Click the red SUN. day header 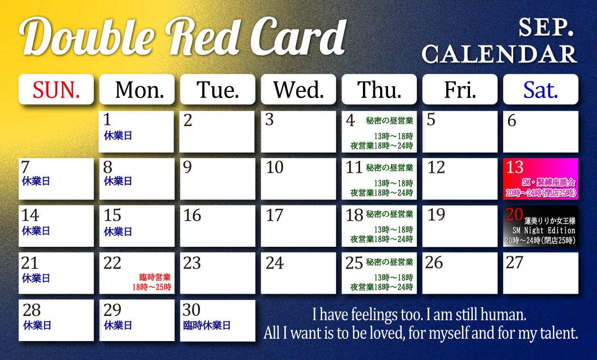(56, 90)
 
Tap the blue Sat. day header (541, 90)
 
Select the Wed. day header (298, 90)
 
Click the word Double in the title (87, 36)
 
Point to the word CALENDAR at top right (499, 54)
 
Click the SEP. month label (546, 27)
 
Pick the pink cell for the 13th (541, 179)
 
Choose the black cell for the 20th (541, 226)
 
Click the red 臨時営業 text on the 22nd (155, 278)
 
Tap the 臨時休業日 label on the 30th (207, 325)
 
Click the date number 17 (275, 216)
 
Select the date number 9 (187, 167)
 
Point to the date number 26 (434, 262)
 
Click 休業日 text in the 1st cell (118, 135)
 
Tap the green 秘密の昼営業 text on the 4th (389, 121)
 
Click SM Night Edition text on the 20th (544, 231)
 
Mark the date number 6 (512, 120)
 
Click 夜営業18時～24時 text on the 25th (382, 287)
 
